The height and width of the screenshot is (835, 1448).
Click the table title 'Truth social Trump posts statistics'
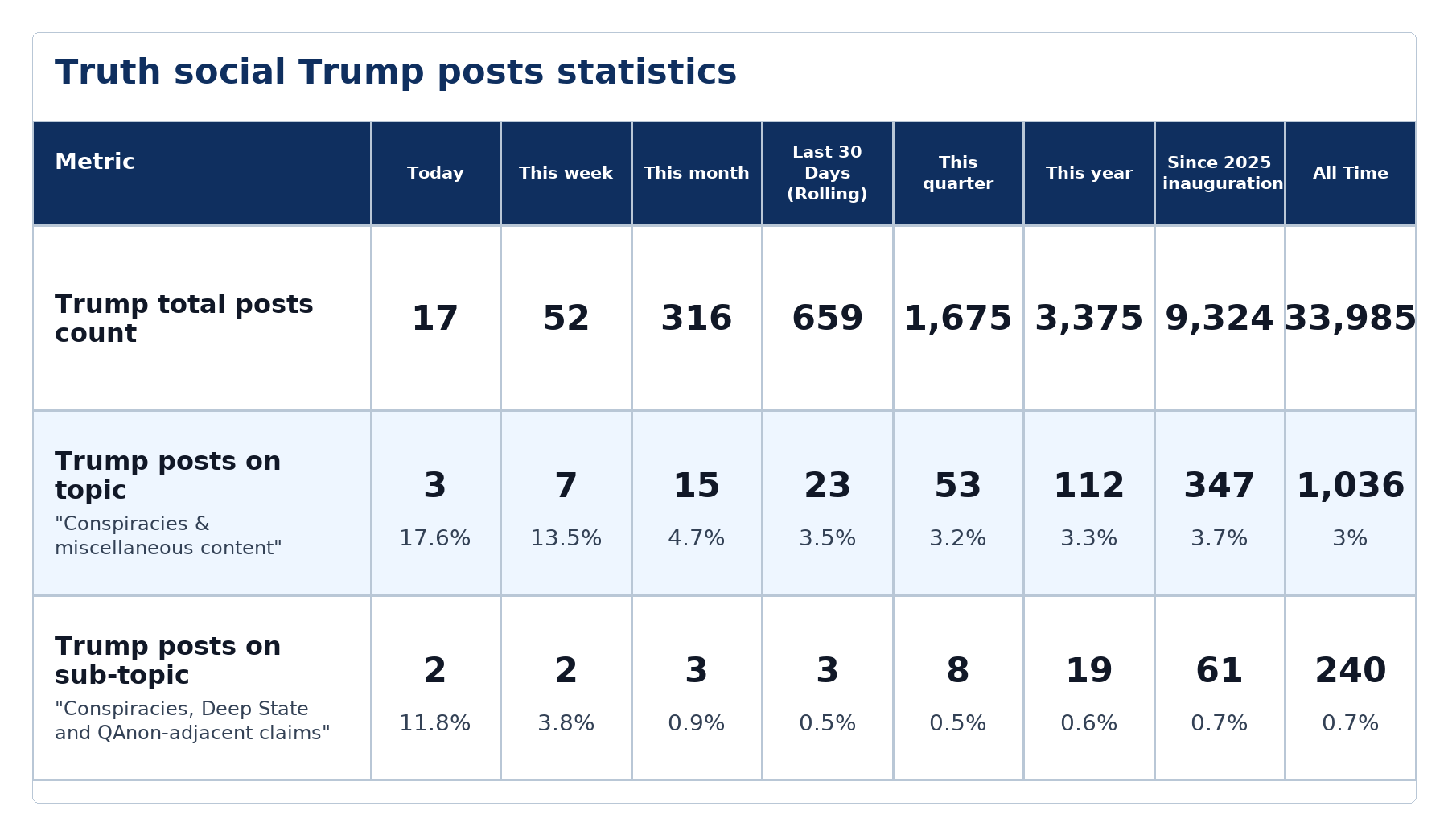[x=396, y=72]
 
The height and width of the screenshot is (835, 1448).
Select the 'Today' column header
[x=435, y=173]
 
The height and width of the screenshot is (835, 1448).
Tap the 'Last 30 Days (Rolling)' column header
[x=827, y=173]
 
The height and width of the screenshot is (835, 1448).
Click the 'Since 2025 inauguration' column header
[x=1220, y=173]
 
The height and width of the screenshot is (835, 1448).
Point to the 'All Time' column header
[x=1351, y=173]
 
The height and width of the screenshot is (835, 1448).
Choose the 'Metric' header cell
[x=95, y=162]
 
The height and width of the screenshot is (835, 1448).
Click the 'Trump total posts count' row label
[x=184, y=319]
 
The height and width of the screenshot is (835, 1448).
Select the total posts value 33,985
[x=1351, y=319]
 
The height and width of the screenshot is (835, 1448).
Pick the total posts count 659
[x=827, y=319]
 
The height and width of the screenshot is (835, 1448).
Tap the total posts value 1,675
[x=958, y=319]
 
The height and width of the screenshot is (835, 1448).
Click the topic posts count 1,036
[x=1351, y=486]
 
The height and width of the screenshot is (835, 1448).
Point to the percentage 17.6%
[x=435, y=538]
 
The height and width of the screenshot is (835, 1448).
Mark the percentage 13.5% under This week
[x=566, y=538]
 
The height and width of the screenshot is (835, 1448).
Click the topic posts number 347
[x=1220, y=486]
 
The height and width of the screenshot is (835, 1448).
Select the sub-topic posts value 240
[x=1351, y=670]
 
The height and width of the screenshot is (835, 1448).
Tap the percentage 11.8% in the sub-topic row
[x=435, y=723]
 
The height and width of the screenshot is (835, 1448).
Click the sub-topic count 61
[x=1220, y=670]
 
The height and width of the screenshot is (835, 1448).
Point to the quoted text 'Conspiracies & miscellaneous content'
[x=169, y=536]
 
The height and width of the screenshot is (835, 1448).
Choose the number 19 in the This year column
[x=1089, y=670]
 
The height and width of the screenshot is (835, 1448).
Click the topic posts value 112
[x=1089, y=486]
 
